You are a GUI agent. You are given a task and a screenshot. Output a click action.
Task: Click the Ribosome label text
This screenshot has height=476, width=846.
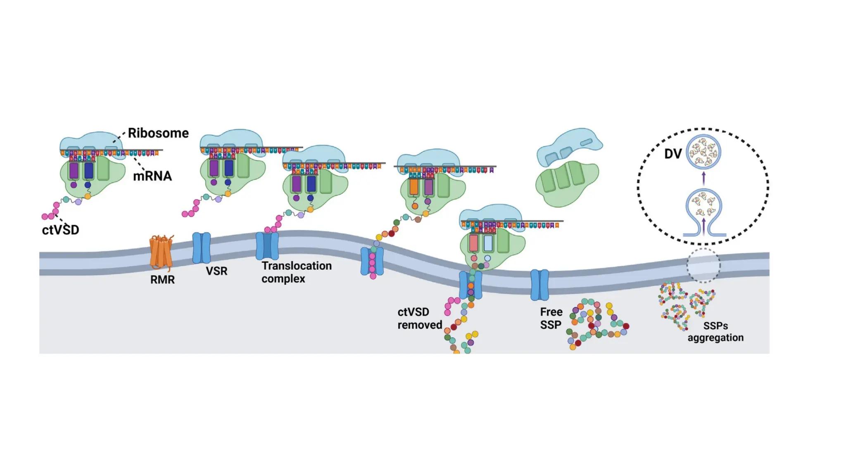click(x=158, y=133)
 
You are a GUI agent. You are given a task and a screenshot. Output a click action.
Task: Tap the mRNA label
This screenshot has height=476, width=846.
click(x=152, y=176)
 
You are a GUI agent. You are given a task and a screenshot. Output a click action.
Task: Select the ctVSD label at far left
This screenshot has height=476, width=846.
click(x=60, y=230)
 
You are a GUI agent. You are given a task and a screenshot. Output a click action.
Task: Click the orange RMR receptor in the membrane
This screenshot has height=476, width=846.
click(x=161, y=252)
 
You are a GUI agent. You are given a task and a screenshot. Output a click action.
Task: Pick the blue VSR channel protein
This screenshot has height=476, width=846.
click(x=202, y=248)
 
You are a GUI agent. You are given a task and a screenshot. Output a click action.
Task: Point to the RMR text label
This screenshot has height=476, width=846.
click(x=162, y=280)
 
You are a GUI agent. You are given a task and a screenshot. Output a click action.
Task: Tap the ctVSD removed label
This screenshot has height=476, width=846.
click(x=419, y=318)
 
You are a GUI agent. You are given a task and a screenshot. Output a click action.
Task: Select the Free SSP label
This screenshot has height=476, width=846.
click(x=551, y=318)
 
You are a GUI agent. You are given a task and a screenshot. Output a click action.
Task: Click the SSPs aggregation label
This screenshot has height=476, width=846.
click(x=715, y=332)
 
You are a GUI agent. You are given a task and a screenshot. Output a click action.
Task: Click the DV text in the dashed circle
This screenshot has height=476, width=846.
click(x=673, y=154)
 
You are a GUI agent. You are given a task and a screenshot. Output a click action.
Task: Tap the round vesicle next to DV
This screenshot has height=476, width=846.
click(x=703, y=152)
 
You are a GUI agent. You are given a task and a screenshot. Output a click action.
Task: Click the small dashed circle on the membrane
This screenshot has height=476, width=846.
click(x=703, y=265)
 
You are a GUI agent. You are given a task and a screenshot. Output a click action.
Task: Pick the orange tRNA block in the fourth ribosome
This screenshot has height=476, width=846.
click(x=414, y=187)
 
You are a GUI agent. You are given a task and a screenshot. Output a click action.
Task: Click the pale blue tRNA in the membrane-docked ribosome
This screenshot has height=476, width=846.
click(x=488, y=243)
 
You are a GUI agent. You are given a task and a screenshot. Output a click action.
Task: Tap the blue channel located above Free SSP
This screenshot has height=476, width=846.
click(x=539, y=285)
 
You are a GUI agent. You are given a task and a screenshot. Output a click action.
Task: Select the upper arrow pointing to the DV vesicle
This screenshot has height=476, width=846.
click(x=704, y=178)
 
